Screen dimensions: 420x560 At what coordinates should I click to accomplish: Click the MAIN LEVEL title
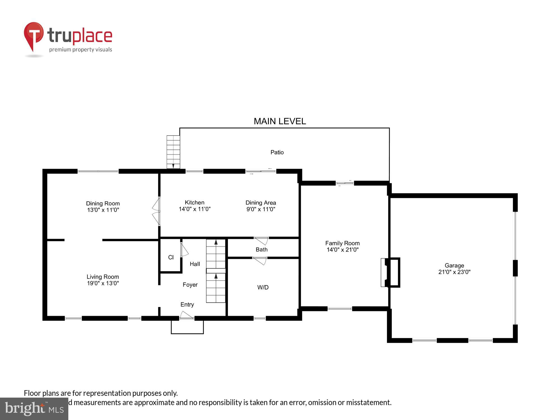click(279, 121)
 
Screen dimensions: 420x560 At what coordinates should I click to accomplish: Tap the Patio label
click(277, 152)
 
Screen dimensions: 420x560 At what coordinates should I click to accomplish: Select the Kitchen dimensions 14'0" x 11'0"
click(195, 209)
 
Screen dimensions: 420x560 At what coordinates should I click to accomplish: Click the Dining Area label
click(261, 203)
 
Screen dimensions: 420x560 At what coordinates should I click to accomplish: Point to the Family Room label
click(342, 243)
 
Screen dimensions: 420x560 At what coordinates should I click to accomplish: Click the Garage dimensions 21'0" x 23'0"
click(454, 272)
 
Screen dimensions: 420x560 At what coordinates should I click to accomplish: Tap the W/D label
click(263, 287)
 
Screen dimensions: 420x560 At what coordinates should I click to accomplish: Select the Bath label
click(262, 249)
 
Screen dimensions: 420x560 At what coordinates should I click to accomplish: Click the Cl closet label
click(171, 257)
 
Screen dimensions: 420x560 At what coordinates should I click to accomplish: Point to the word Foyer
click(190, 285)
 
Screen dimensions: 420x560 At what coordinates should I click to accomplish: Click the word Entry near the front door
click(187, 305)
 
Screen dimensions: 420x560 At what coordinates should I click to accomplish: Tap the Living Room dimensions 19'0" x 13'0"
click(103, 283)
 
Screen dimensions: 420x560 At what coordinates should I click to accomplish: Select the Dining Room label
click(103, 204)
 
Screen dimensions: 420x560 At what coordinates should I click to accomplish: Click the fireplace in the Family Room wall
click(390, 272)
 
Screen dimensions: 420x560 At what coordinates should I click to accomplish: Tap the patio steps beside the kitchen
click(173, 152)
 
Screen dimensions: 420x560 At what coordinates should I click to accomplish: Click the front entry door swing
click(186, 315)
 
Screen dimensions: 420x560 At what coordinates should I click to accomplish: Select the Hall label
click(195, 264)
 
